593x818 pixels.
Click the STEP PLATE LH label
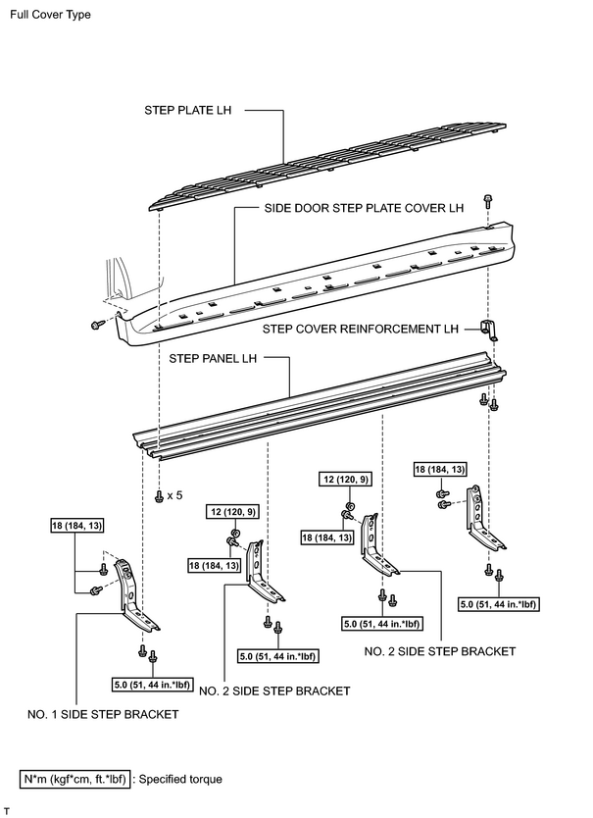pyautogui.click(x=188, y=110)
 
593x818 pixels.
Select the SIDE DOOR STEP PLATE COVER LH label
pyautogui.click(x=364, y=208)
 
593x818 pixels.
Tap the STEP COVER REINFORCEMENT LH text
pyautogui.click(x=361, y=330)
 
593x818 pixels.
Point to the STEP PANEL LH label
pyautogui.click(x=213, y=358)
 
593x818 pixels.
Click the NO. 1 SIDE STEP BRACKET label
pyautogui.click(x=103, y=714)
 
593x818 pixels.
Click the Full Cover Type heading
pyautogui.click(x=50, y=15)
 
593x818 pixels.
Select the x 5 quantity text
pyautogui.click(x=175, y=495)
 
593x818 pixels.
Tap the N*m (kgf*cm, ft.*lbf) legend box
pyautogui.click(x=74, y=780)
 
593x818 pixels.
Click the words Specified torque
pyautogui.click(x=180, y=780)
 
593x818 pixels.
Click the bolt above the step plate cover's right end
pyautogui.click(x=488, y=201)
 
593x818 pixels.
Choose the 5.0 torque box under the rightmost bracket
pyautogui.click(x=498, y=604)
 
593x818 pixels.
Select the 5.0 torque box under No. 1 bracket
pyautogui.click(x=152, y=685)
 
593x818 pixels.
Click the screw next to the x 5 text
pyautogui.click(x=160, y=496)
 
